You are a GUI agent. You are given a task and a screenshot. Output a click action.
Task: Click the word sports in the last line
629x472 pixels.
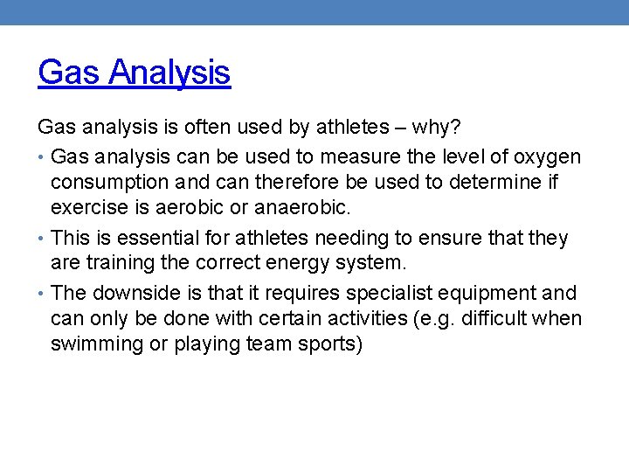(328, 344)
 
